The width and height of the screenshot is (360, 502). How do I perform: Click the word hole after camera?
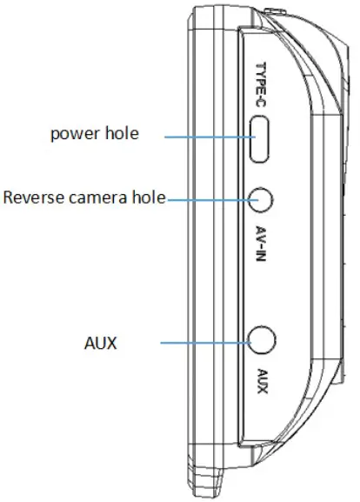(149, 197)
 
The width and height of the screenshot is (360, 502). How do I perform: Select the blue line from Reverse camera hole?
(208, 199)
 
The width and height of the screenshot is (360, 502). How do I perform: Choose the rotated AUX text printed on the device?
(261, 383)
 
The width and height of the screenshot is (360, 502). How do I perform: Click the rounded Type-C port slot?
(260, 139)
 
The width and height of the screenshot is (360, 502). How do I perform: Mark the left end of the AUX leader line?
(161, 343)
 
